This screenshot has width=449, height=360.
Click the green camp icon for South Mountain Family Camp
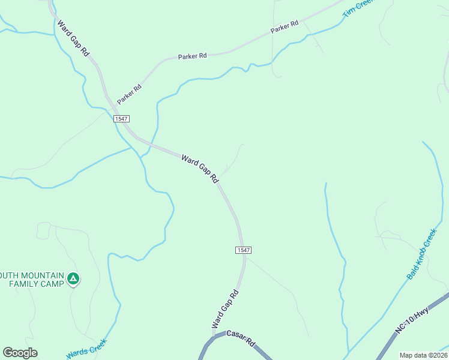pos(73,278)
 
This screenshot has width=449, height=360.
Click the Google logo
pos(20,353)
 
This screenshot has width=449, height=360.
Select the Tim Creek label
pos(357,7)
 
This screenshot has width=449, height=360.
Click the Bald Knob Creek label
pos(422,254)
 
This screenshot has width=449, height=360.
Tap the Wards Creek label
pos(86,349)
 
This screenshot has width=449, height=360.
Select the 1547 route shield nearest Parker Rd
pos(122,119)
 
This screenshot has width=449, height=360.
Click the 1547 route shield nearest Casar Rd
pos(243,250)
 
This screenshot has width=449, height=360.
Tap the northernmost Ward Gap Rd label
pos(73,39)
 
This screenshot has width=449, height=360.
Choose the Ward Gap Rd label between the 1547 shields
pos(200,169)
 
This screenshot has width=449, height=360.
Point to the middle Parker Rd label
pos(192,56)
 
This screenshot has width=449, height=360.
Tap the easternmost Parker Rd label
pos(284,27)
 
